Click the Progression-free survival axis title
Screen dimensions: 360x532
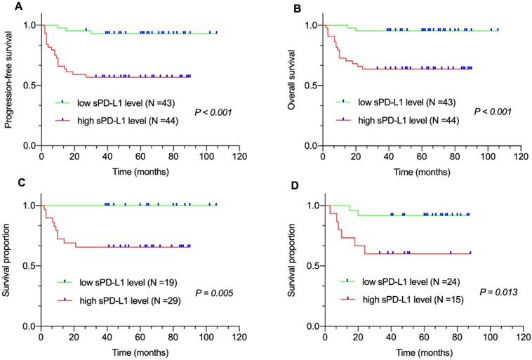tap(9, 84)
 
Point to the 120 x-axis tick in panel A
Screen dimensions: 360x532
tap(239, 157)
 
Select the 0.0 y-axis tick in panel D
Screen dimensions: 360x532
tap(312, 326)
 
